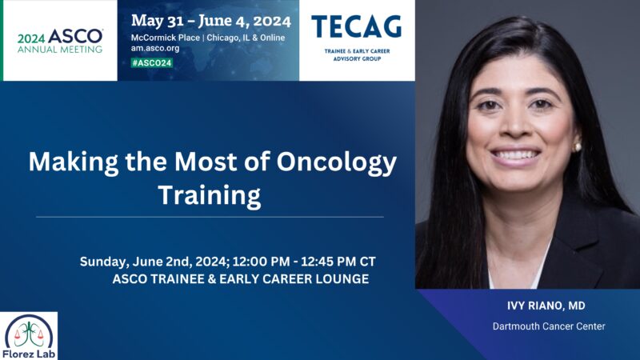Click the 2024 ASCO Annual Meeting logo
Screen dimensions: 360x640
(59, 40)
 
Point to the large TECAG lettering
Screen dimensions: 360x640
(357, 27)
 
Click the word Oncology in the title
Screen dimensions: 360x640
(345, 163)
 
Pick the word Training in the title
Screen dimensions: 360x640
(209, 194)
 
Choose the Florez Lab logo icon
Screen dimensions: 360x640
(30, 330)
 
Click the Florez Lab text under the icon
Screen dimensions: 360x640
(30, 352)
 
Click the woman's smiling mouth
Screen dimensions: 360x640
(514, 154)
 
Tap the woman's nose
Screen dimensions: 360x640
(512, 128)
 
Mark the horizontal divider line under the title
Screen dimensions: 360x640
(210, 217)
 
